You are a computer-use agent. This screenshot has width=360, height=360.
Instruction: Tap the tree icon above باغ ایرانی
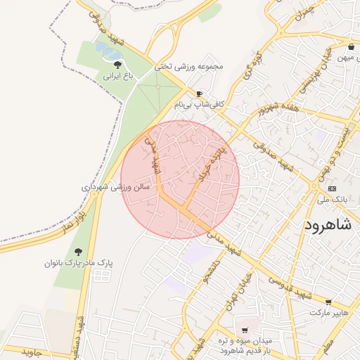pyautogui.click(x=117, y=64)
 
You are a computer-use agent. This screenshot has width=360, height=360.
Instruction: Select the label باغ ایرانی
pyautogui.click(x=118, y=74)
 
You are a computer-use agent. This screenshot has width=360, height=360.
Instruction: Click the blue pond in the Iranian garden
pyautogui.click(x=108, y=50)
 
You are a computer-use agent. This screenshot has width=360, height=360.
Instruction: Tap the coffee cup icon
pyautogui.click(x=200, y=93)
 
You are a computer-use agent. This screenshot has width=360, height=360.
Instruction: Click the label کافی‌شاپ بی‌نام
pyautogui.click(x=200, y=103)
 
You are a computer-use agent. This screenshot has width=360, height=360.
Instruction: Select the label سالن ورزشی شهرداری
pyautogui.click(x=115, y=188)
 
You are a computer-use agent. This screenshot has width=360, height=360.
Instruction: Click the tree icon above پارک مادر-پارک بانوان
pyautogui.click(x=78, y=252)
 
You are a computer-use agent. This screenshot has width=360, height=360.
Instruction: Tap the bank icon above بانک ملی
pyautogui.click(x=333, y=188)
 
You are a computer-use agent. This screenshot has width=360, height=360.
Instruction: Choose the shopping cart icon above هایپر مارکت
pyautogui.click(x=328, y=302)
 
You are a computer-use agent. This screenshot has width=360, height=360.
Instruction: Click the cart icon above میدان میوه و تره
pyautogui.click(x=244, y=330)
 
